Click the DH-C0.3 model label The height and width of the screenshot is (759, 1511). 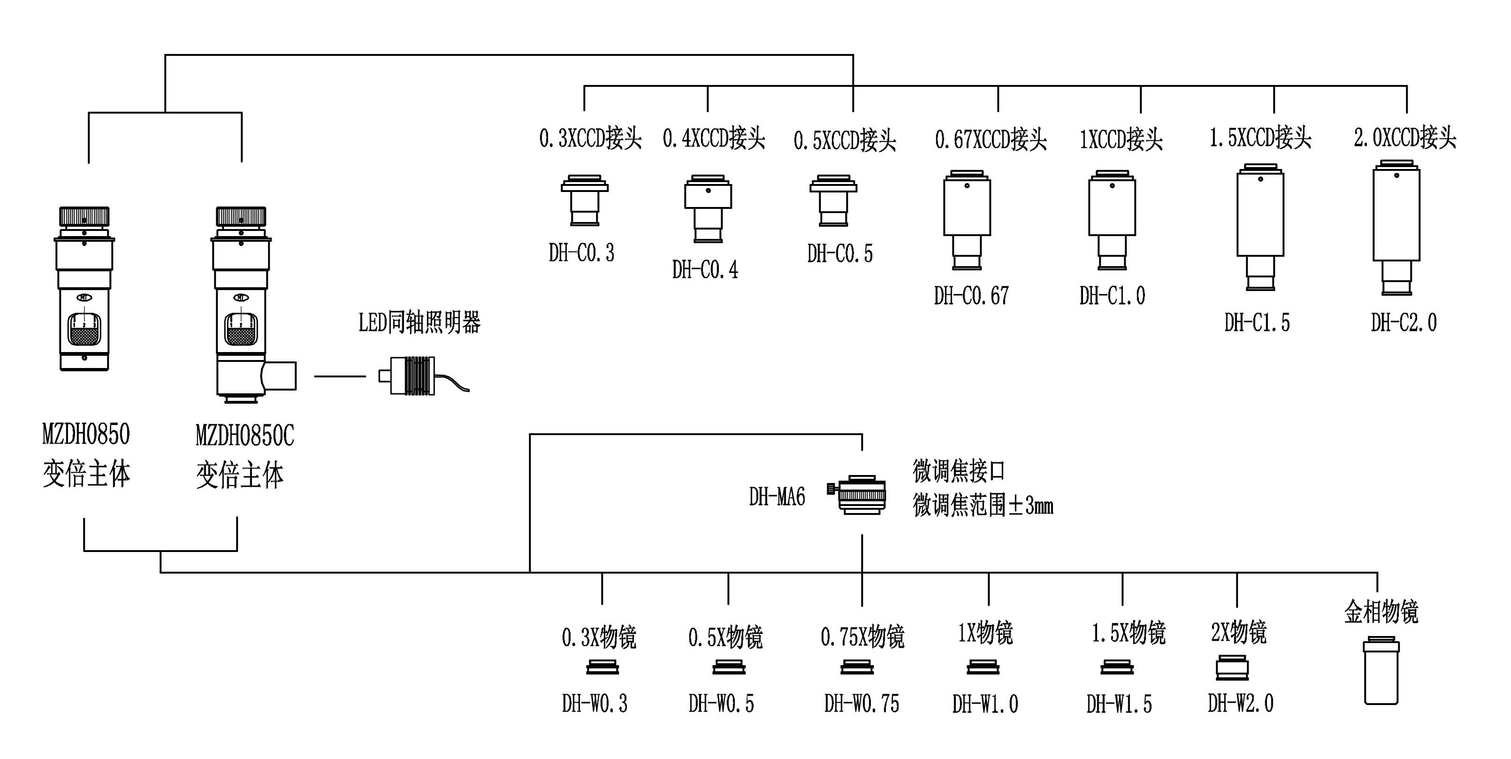[581, 253]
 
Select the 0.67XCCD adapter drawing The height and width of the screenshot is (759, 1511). [967, 220]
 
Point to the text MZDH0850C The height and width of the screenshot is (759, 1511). [244, 436]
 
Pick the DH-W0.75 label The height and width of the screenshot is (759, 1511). [861, 703]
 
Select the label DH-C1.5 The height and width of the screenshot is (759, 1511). [1257, 322]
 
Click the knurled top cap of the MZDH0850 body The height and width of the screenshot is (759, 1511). [84, 216]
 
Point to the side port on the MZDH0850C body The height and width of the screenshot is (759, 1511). [281, 376]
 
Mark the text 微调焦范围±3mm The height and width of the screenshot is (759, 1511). [983, 505]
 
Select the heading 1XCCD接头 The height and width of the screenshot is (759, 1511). [1121, 139]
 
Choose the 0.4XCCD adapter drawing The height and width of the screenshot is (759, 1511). [708, 208]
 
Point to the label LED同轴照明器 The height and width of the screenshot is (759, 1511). [420, 322]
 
